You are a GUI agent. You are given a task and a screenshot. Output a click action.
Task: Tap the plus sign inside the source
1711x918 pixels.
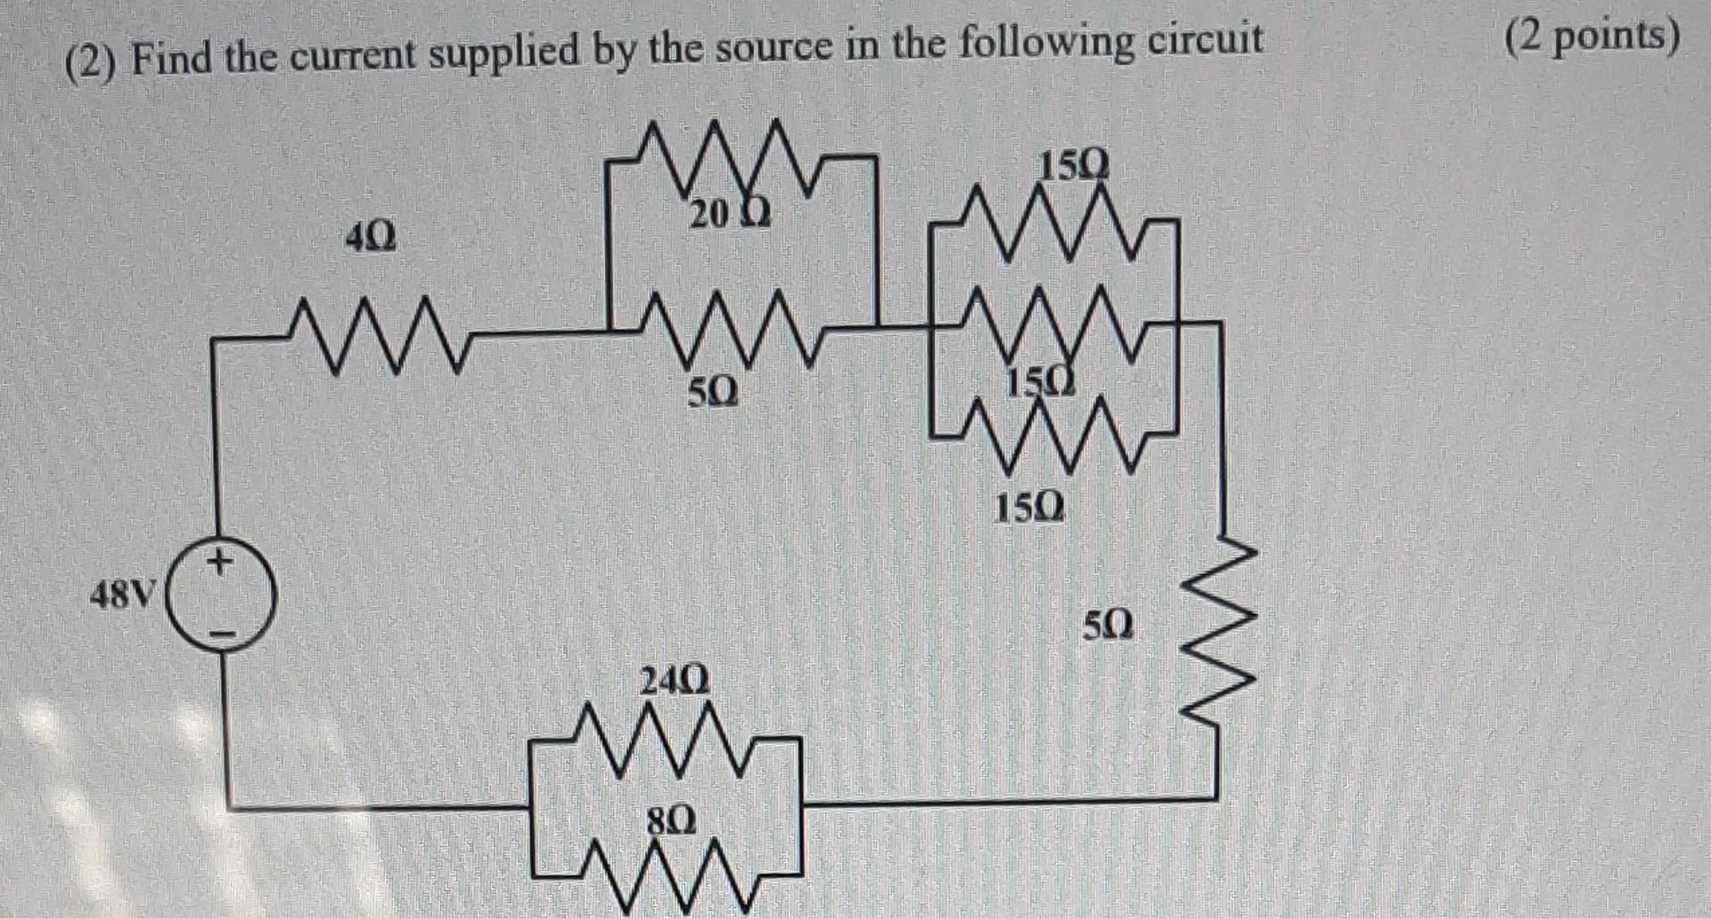pos(219,562)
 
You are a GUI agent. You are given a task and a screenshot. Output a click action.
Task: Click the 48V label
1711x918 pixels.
pos(123,594)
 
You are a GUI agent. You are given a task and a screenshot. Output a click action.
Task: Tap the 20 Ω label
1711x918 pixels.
pos(729,215)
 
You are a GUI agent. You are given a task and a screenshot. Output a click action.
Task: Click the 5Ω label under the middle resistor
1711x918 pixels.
pos(713,392)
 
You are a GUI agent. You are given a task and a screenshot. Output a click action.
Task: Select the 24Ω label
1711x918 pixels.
pos(675,682)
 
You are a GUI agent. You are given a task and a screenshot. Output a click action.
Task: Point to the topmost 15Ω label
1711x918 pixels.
pos(1075,166)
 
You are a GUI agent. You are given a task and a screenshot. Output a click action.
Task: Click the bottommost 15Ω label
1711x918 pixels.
pos(1028,509)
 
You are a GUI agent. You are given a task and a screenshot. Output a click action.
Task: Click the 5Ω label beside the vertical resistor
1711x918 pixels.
pos(1109,625)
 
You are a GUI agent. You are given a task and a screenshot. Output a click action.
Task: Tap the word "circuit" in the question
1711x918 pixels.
pos(1205,42)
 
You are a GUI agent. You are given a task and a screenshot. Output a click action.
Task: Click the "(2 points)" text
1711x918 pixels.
pos(1592,37)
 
